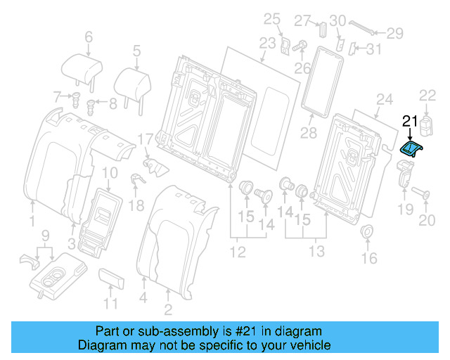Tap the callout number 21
(x=410, y=120)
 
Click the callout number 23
(x=267, y=44)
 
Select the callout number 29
(x=395, y=32)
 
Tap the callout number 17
(x=145, y=139)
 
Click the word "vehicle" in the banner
(x=310, y=345)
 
